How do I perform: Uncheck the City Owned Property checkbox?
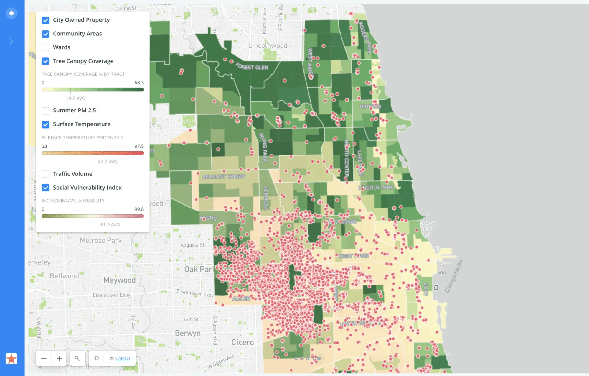45,20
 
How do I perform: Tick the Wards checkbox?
45,47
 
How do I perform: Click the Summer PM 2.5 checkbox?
45,111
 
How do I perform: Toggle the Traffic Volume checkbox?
45,174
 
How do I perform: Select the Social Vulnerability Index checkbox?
45,188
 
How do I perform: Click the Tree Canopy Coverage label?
83,61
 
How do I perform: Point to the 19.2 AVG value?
75,98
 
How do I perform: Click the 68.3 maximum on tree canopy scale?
139,83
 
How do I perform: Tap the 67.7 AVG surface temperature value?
108,162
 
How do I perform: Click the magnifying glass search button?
77,358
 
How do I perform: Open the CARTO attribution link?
122,358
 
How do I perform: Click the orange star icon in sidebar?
11,359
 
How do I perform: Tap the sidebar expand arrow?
11,41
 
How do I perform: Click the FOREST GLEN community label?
252,67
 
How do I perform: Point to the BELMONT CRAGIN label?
224,176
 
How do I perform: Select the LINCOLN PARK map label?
376,188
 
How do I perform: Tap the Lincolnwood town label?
268,46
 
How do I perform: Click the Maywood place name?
119,280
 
